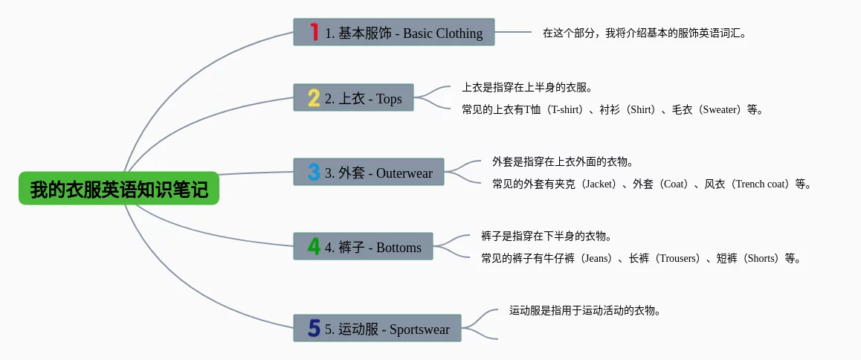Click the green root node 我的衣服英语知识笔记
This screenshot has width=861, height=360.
pyautogui.click(x=119, y=189)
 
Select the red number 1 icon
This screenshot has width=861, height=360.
pyautogui.click(x=314, y=32)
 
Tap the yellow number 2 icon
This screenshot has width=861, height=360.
pyautogui.click(x=314, y=98)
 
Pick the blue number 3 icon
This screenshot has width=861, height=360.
pyautogui.click(x=314, y=173)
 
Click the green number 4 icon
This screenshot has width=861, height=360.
pyautogui.click(x=314, y=247)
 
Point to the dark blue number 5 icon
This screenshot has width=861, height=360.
pyautogui.click(x=314, y=328)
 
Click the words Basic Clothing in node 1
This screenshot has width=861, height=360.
pyautogui.click(x=443, y=33)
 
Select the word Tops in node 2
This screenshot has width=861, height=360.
pyautogui.click(x=389, y=99)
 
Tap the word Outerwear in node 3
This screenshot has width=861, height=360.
pyautogui.click(x=404, y=173)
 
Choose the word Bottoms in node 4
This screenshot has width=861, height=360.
pyautogui.click(x=399, y=248)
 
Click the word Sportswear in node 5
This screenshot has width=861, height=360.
pyautogui.click(x=419, y=329)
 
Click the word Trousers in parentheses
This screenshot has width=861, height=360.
pyautogui.click(x=677, y=259)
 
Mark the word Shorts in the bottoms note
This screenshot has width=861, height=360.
pyautogui.click(x=761, y=259)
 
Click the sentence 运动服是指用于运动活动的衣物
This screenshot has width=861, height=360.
pyautogui.click(x=584, y=311)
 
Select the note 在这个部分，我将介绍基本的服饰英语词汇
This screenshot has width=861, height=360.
pyautogui.click(x=644, y=33)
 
